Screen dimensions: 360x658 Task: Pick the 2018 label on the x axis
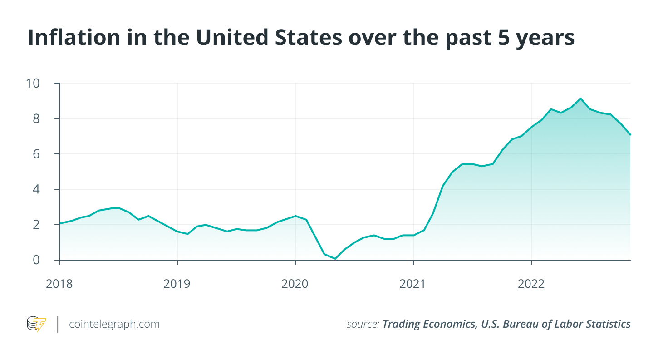click(60, 284)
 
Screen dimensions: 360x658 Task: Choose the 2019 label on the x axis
click(177, 284)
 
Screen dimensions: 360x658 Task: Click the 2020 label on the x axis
click(295, 284)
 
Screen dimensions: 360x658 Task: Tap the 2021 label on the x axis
click(413, 284)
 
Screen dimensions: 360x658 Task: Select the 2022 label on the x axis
click(531, 284)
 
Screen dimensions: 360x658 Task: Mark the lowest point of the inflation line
click(335, 259)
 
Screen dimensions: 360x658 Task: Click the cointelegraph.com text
click(114, 324)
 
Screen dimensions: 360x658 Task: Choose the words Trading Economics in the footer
click(426, 324)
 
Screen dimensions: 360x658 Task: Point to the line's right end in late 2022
click(630, 135)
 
